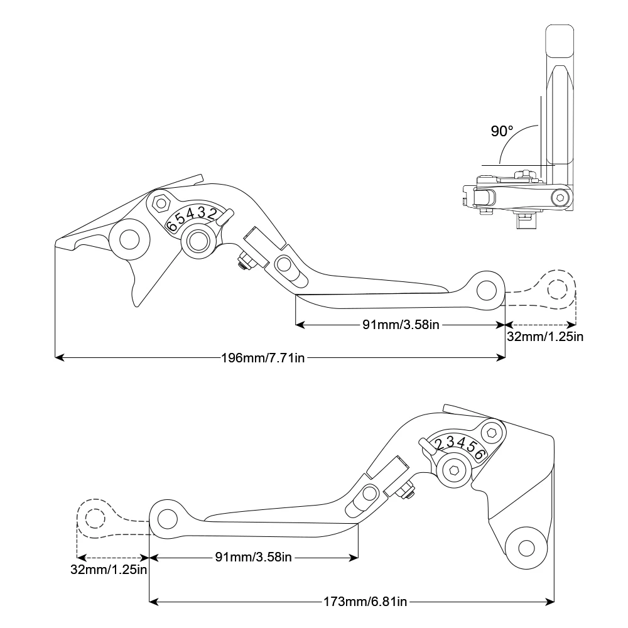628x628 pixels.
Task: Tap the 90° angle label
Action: point(502,131)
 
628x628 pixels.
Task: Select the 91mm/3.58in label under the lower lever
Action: point(253,556)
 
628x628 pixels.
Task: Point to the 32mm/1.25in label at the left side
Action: point(109,570)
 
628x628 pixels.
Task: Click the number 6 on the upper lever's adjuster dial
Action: point(171,225)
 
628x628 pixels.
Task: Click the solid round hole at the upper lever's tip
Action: point(485,289)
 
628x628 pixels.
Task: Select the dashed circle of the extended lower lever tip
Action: point(95,519)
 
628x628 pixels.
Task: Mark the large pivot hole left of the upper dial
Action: point(129,240)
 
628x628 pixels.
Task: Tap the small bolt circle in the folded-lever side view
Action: point(559,198)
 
